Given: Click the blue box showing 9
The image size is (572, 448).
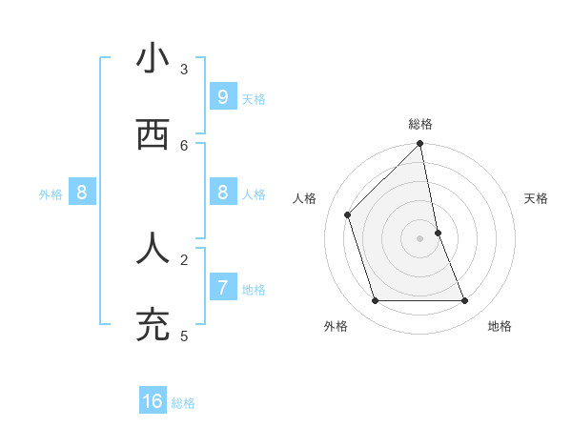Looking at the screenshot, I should [222, 96].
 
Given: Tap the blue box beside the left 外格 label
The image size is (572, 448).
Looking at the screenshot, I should [81, 193].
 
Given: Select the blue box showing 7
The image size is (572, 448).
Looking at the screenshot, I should [222, 286].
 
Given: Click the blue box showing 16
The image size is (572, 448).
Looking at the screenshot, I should [153, 401].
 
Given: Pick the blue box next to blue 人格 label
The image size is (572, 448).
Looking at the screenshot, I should [222, 193].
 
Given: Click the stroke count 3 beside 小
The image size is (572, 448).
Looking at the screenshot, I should [184, 69].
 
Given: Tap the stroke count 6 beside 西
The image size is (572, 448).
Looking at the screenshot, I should [184, 145].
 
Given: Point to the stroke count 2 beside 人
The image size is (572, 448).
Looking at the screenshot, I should [184, 258].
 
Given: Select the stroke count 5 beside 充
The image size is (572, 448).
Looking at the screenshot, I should [184, 336].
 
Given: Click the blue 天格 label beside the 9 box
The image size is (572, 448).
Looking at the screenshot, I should [254, 99].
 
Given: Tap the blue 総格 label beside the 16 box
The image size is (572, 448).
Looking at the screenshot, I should [183, 403].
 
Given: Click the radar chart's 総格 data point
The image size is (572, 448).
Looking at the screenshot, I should [420, 145].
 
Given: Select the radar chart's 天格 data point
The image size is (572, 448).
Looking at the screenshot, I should [439, 233].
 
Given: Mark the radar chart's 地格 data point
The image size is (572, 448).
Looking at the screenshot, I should [465, 301].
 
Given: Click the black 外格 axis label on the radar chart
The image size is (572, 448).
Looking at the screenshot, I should [336, 326].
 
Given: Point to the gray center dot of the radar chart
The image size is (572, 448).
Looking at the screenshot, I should [420, 238].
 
